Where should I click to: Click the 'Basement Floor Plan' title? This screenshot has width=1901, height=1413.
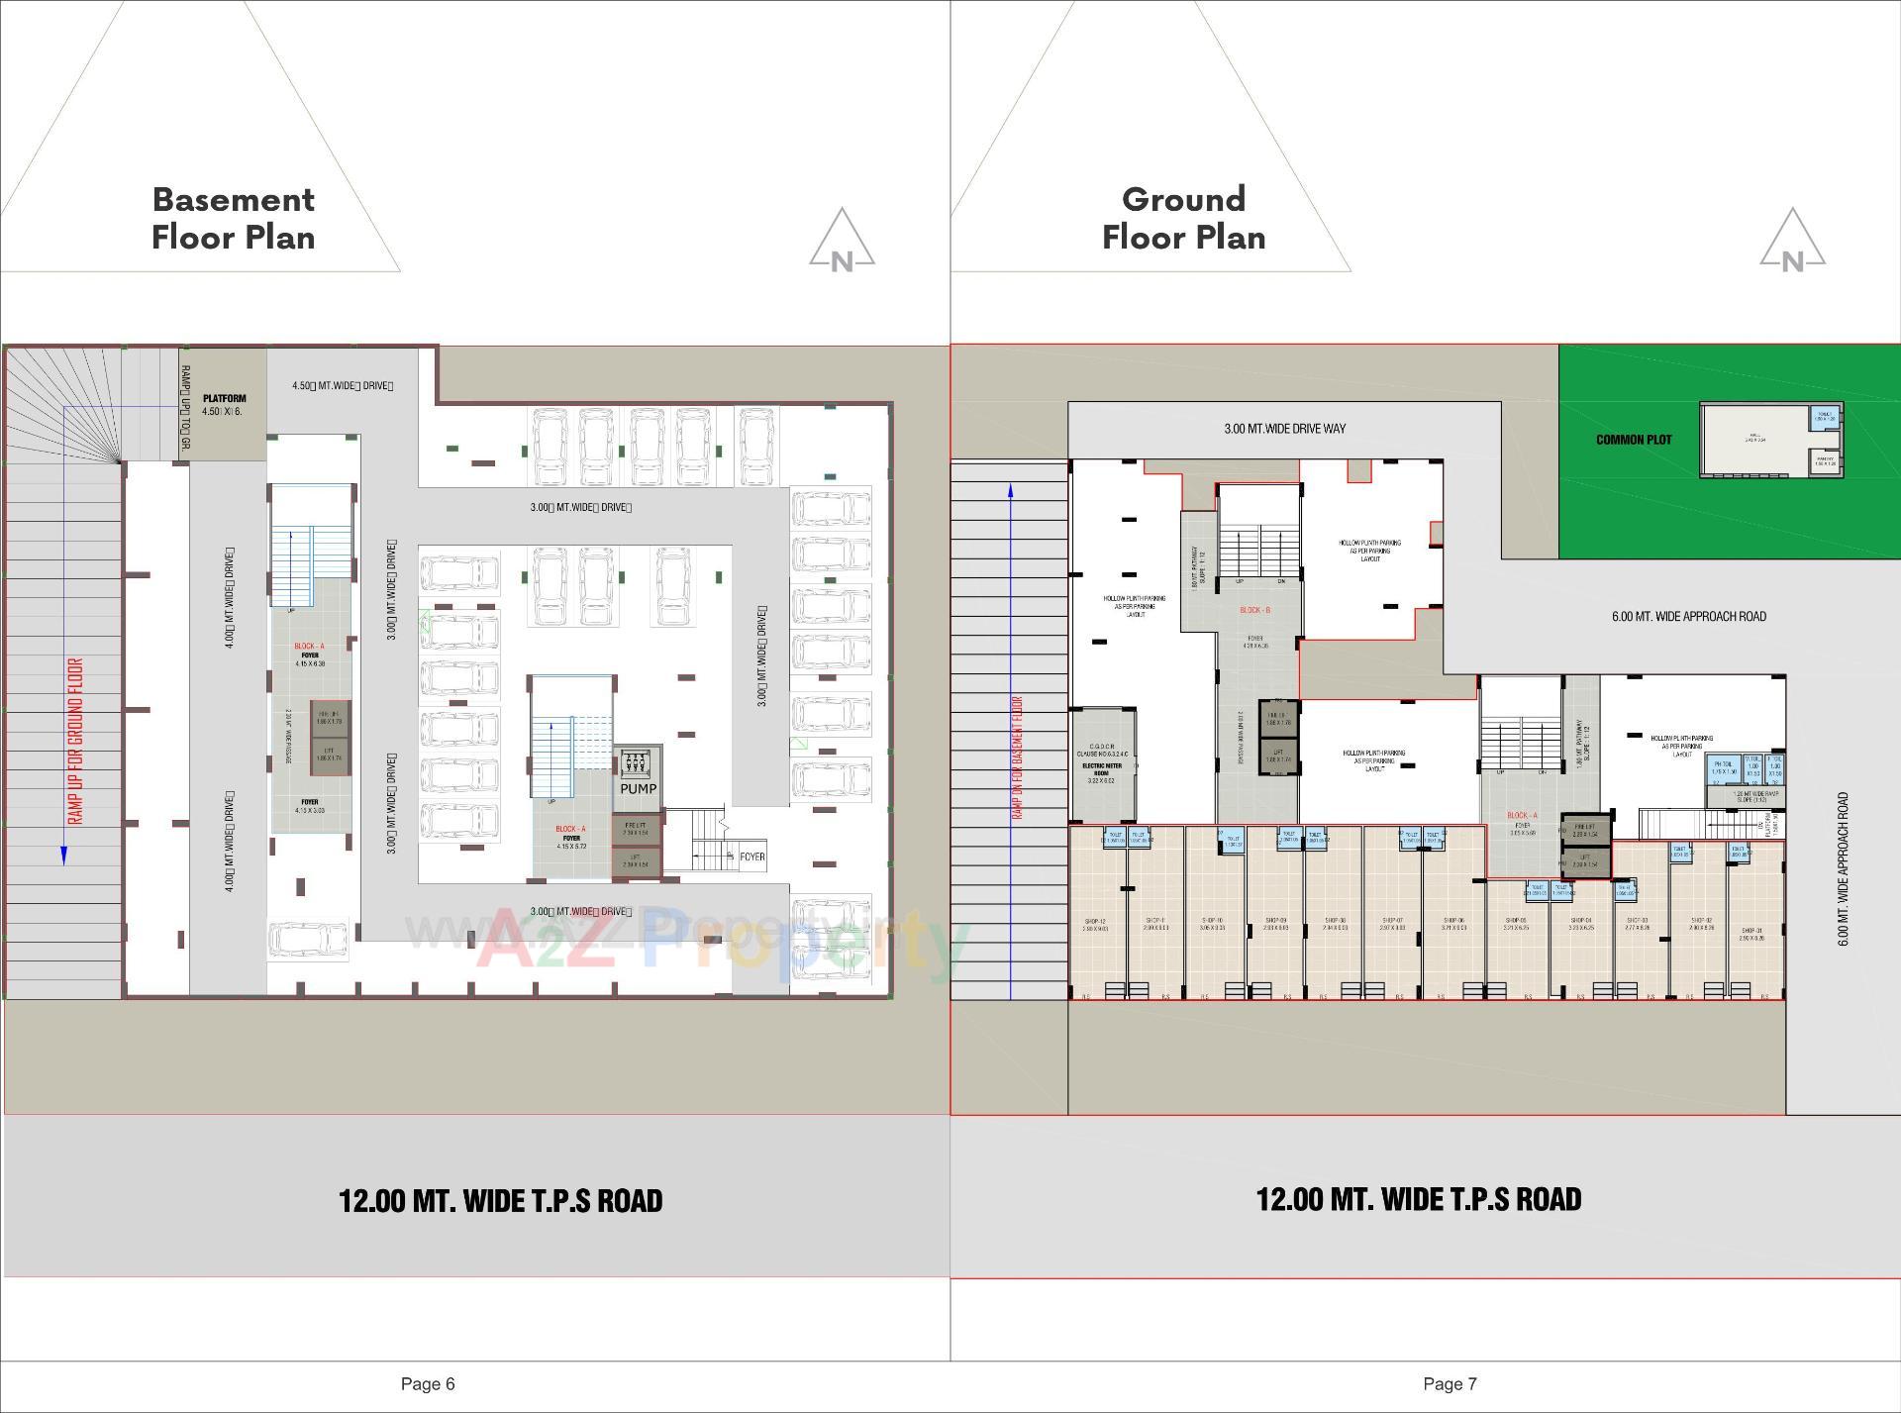(x=233, y=218)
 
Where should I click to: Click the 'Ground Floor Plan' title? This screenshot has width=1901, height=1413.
(x=1183, y=218)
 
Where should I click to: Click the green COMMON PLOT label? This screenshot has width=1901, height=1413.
(x=1634, y=440)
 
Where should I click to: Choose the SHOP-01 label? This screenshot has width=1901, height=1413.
(x=1751, y=932)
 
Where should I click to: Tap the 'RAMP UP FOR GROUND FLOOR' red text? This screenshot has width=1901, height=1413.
(x=76, y=741)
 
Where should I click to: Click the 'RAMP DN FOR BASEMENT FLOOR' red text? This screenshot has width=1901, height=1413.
(x=1017, y=757)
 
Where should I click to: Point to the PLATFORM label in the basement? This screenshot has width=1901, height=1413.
(x=224, y=399)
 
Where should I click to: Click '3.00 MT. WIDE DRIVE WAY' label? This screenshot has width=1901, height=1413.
(x=1284, y=429)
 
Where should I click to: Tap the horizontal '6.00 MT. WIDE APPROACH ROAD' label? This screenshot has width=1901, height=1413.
(x=1688, y=616)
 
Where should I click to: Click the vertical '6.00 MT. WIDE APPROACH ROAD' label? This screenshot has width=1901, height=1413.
(x=1844, y=868)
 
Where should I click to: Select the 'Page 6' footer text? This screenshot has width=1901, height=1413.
(x=428, y=1383)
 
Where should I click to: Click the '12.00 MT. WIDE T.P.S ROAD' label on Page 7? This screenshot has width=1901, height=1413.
(x=1418, y=1199)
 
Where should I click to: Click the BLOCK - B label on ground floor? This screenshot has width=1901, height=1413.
(x=1254, y=610)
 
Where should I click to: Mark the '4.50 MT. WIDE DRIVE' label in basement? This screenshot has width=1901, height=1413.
(x=343, y=385)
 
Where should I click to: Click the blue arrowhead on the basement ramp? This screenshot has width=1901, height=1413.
(x=64, y=855)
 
